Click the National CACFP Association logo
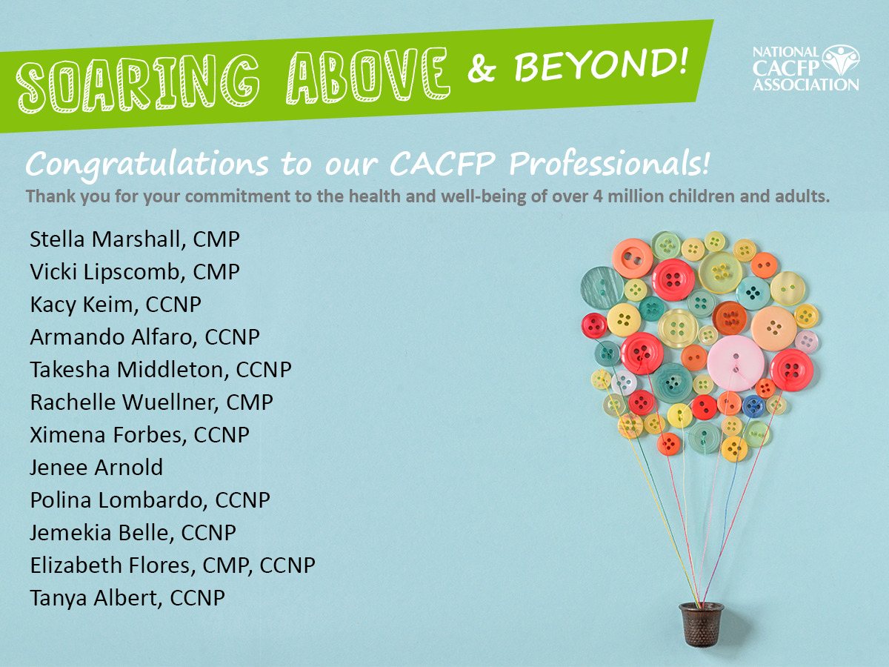coord(805,68)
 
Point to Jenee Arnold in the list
coord(96,468)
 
